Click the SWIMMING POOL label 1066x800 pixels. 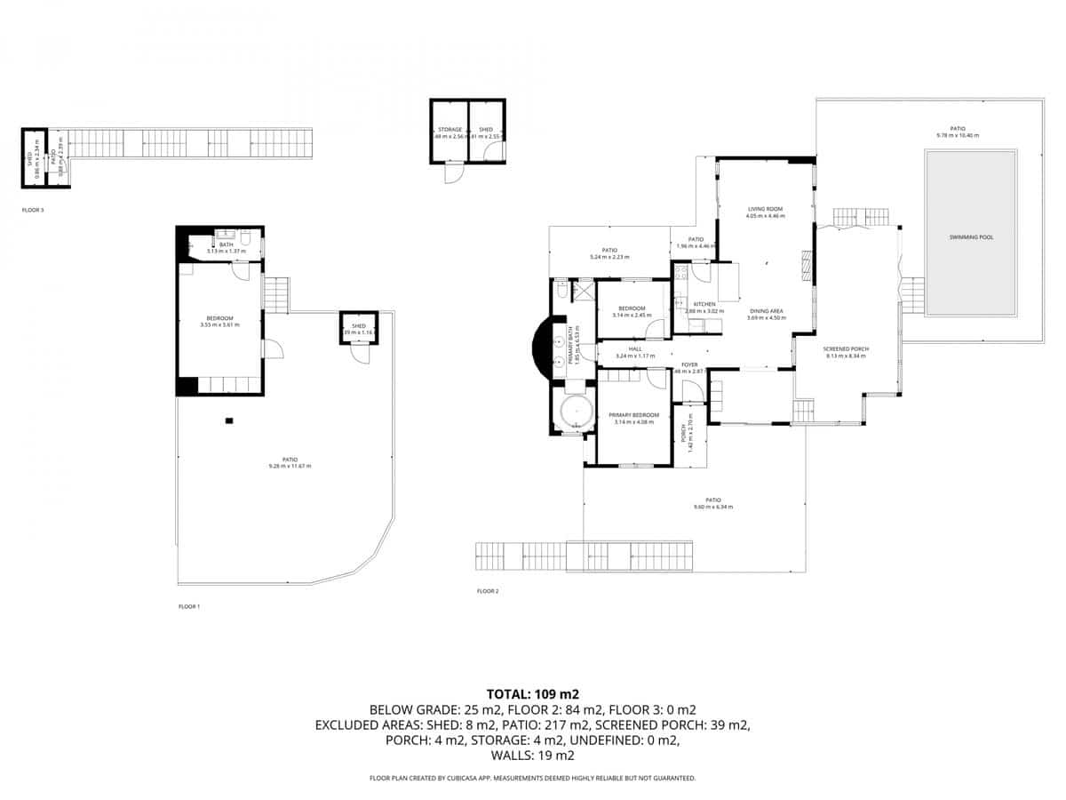970,238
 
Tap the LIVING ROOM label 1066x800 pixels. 764,209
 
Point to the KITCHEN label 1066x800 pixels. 704,304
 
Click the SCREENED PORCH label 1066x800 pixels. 847,349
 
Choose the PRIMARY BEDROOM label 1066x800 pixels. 633,415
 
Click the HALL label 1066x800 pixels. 635,349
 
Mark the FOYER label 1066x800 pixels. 689,364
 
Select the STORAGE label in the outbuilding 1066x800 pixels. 449,130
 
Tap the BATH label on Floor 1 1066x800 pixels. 226,244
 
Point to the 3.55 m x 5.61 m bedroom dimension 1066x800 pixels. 219,325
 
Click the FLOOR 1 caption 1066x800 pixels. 189,606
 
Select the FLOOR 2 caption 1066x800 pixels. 488,591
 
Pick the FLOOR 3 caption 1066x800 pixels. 33,211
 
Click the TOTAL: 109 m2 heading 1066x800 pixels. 533,693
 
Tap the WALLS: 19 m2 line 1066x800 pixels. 533,756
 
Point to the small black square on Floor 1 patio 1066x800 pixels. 229,420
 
